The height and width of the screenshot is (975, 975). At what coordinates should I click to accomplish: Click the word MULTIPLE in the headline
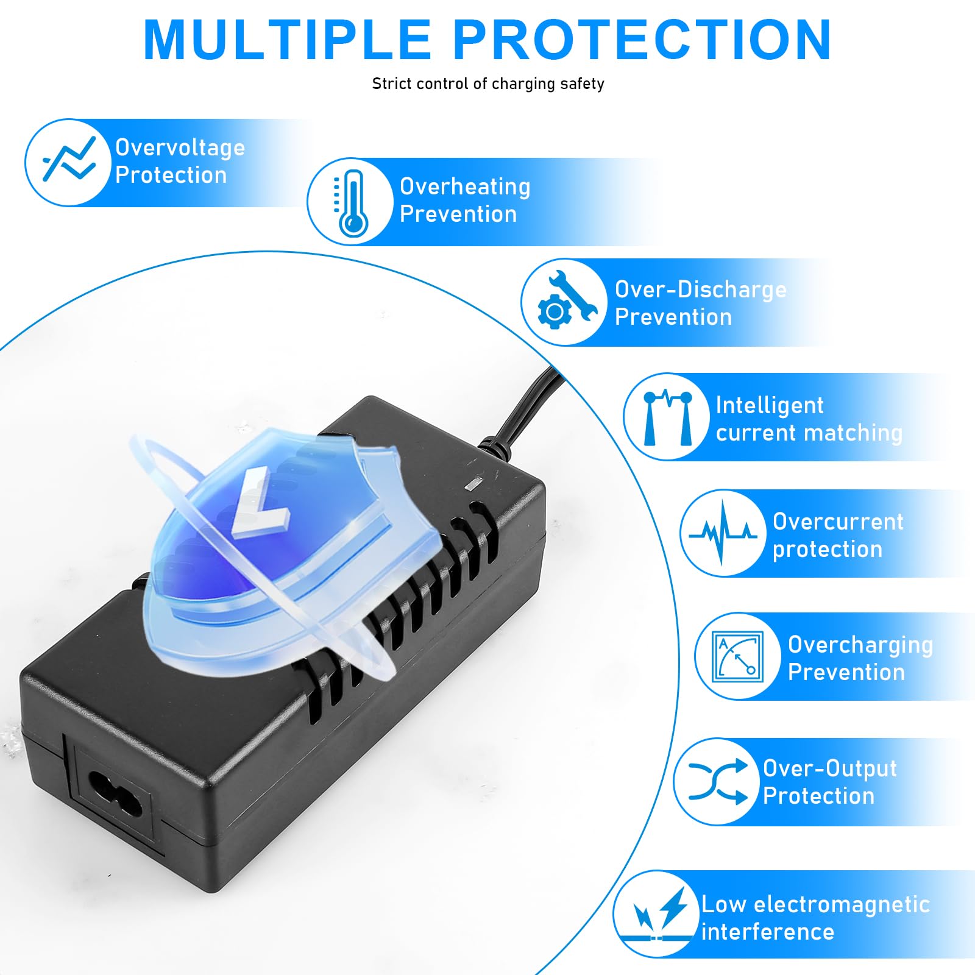click(287, 40)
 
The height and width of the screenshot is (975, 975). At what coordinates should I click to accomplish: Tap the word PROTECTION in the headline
click(642, 40)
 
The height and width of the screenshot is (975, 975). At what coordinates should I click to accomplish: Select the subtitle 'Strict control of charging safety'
click(488, 83)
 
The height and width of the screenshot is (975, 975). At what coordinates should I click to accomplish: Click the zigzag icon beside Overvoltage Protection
click(69, 159)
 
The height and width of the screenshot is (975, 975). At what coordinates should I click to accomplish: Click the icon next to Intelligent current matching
click(668, 417)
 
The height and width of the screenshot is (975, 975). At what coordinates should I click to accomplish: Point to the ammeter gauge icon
click(738, 656)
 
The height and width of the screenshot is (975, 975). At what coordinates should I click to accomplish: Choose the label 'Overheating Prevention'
click(465, 200)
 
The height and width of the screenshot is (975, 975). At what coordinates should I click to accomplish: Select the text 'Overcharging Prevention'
click(860, 658)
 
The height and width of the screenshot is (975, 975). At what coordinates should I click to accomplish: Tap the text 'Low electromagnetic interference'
click(815, 918)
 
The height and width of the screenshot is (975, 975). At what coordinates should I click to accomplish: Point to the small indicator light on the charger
click(473, 484)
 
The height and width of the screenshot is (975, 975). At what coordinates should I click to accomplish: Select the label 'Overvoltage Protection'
click(180, 161)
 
